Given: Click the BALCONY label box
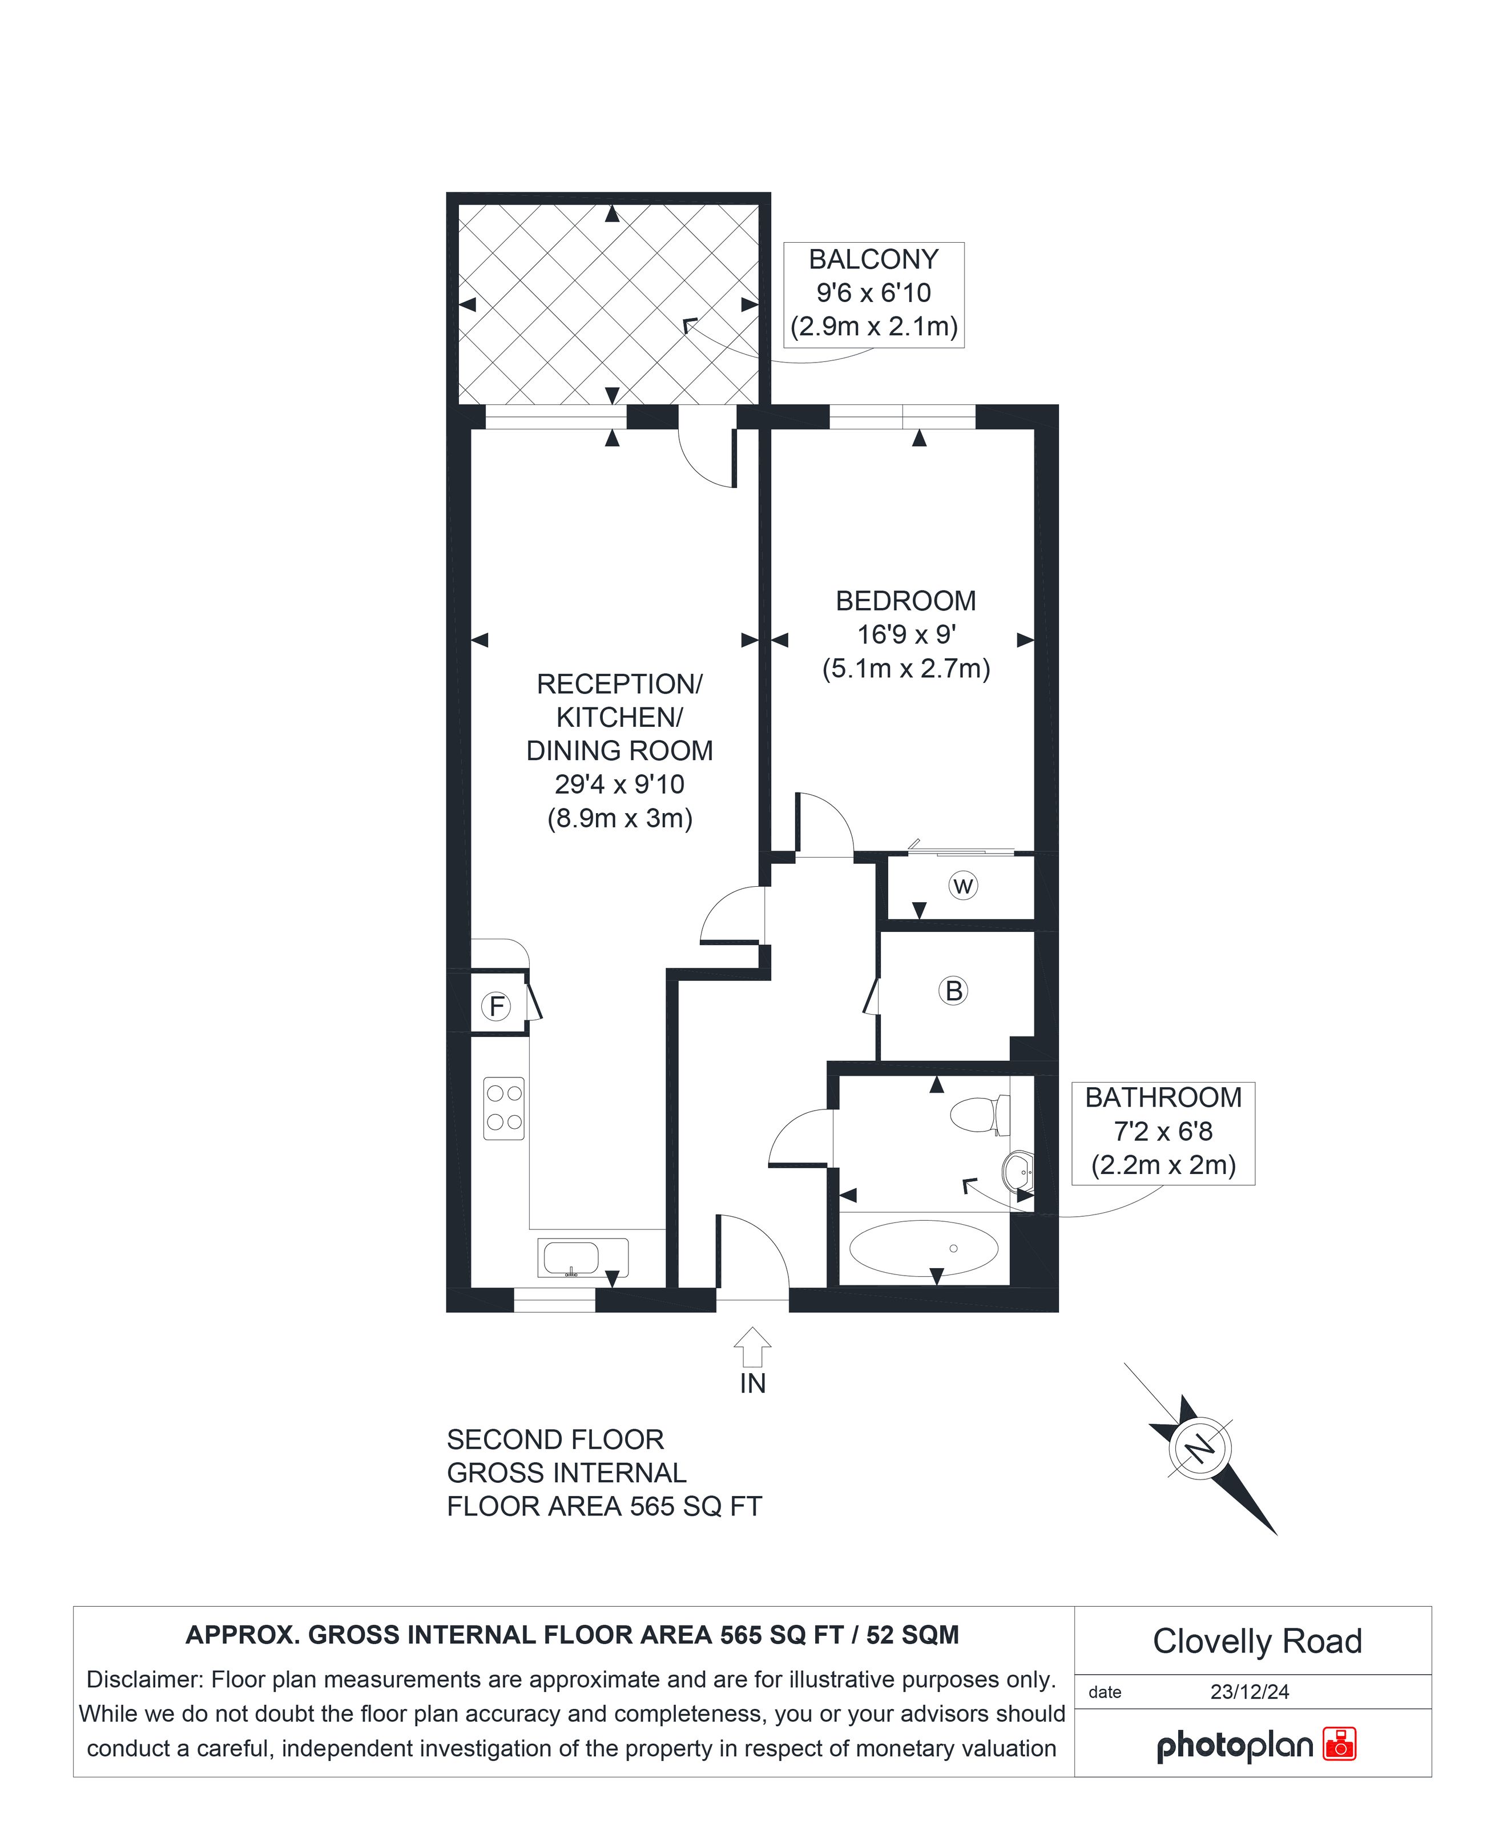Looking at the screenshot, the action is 874,295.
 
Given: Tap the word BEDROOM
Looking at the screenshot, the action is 905,601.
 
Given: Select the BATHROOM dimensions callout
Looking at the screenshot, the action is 1163,1133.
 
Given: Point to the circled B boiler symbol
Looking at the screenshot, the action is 954,991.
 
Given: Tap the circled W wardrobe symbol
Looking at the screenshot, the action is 962,886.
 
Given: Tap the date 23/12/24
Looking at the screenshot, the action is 1250,1691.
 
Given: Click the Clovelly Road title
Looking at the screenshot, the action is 1257,1641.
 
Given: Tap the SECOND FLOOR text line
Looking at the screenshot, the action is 555,1439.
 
